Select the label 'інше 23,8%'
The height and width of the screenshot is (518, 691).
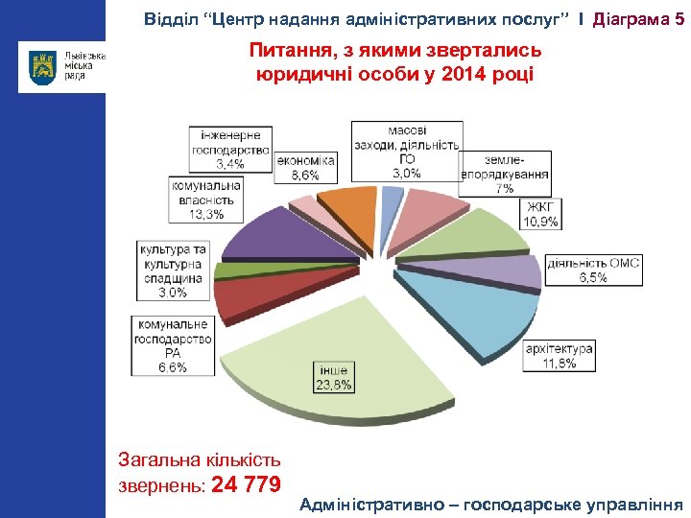(x=334, y=377)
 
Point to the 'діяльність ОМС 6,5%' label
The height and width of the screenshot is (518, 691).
(x=593, y=270)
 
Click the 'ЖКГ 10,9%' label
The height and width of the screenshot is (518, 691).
(x=540, y=213)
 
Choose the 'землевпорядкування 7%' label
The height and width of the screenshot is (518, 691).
(x=505, y=173)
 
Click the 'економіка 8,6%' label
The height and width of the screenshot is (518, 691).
(x=305, y=168)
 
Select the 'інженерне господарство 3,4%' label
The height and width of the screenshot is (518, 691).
(x=230, y=150)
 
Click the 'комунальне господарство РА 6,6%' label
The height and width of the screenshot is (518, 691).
(x=173, y=345)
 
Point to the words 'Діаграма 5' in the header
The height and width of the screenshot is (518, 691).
(x=639, y=17)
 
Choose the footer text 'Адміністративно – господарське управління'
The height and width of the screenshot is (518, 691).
(x=490, y=504)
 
